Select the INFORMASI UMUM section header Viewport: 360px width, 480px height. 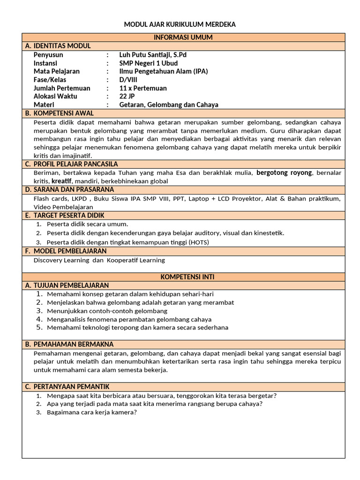(183, 37)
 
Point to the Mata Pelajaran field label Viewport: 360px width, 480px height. (57, 71)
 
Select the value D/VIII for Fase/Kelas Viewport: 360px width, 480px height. (128, 80)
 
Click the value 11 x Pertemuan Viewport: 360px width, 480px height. (143, 88)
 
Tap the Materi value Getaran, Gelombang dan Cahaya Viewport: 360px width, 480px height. (169, 105)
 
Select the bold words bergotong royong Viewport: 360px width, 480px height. (284, 173)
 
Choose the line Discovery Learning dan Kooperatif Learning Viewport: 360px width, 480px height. (99, 260)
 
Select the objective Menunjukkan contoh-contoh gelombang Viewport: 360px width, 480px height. (107, 311)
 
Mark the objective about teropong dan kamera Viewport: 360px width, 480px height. (137, 328)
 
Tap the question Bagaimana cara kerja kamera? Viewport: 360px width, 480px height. (91, 412)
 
